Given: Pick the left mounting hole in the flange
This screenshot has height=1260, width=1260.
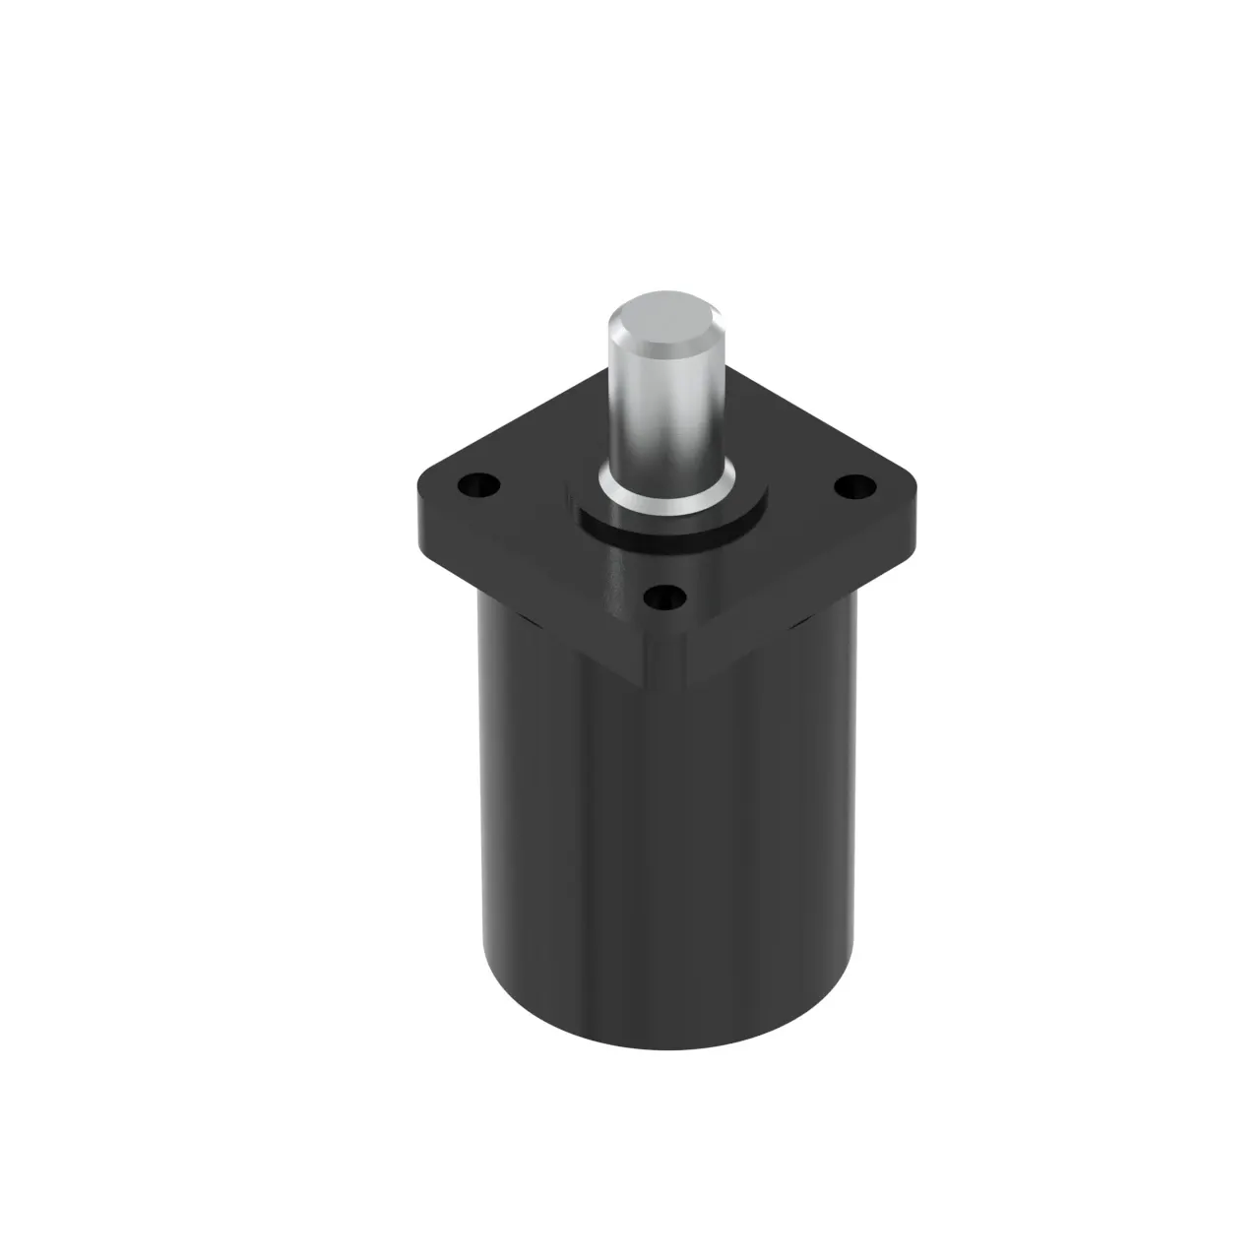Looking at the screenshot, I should coord(477,484).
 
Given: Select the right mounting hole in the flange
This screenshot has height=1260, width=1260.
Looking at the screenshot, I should coord(854,486).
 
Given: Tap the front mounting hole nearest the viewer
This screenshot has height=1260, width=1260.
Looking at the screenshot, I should coord(667,596).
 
